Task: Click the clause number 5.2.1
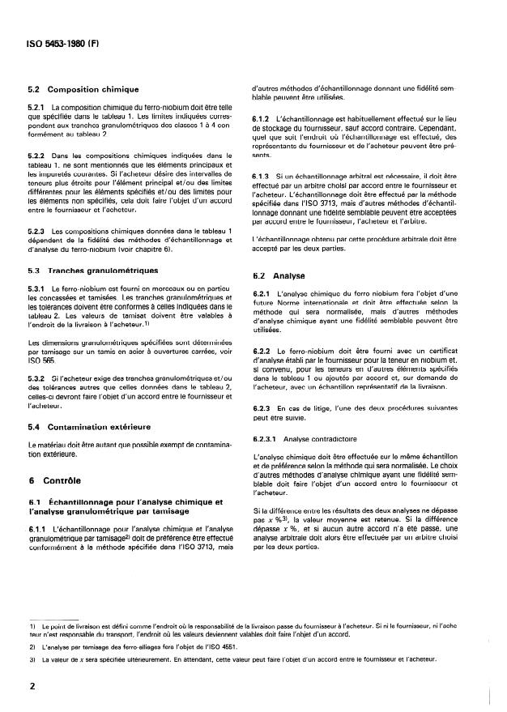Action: coord(37,107)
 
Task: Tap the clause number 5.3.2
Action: coord(37,378)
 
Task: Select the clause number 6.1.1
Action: coord(37,528)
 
